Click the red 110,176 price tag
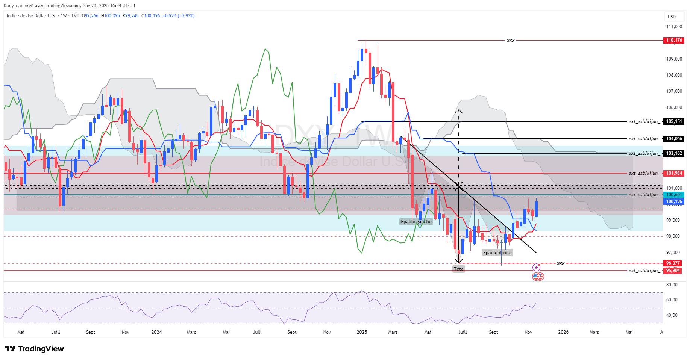pos(674,40)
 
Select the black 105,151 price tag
pos(674,121)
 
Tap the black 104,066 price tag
pos(674,139)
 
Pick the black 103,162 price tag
pos(674,153)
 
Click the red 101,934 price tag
pos(674,173)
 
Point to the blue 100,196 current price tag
pos(674,201)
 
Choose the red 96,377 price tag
pos(673,263)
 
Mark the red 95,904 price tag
pos(673,271)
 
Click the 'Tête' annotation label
pos(458,269)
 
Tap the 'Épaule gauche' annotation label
pos(416,222)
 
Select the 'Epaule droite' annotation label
pos(497,253)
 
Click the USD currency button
pos(672,17)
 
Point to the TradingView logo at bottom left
pos(34,349)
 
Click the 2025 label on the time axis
pos(362,332)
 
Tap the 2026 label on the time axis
pos(563,332)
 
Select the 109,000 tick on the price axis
pos(674,59)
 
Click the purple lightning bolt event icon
pos(536,268)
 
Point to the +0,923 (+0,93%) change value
pos(178,16)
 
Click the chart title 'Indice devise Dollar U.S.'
pos(31,16)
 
